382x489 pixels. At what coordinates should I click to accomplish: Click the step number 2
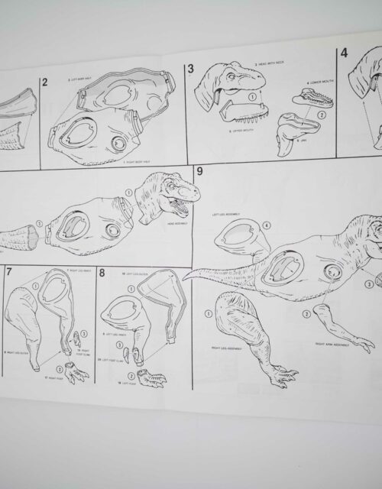pyautogui.click(x=46, y=81)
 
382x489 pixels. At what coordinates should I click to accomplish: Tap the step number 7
pyautogui.click(x=9, y=271)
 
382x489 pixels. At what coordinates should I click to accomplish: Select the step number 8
pyautogui.click(x=102, y=272)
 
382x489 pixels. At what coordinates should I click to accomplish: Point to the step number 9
pyautogui.click(x=199, y=170)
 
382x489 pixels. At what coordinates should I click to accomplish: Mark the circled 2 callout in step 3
pyautogui.click(x=322, y=115)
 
